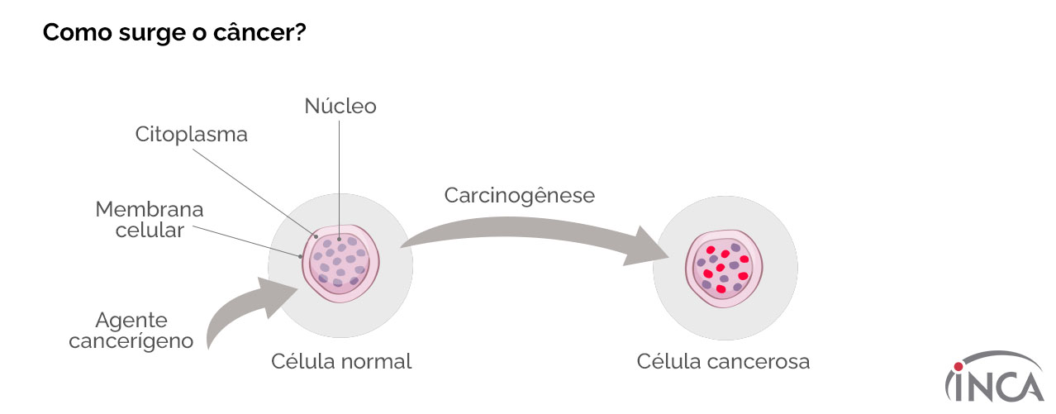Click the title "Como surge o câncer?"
tap(174, 32)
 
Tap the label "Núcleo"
tap(340, 106)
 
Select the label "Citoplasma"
tap(191, 135)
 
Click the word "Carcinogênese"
tap(519, 196)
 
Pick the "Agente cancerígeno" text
tap(131, 331)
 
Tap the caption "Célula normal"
tap(340, 362)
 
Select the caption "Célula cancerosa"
tap(723, 362)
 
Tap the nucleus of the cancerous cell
tap(725, 267)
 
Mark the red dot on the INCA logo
tap(958, 366)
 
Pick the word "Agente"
tap(131, 321)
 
